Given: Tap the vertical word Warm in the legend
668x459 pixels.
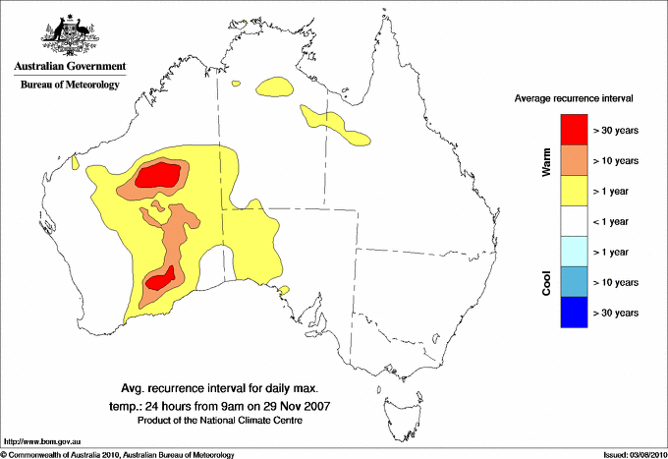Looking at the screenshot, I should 547,161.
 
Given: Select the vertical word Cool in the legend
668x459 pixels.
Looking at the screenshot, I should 547,282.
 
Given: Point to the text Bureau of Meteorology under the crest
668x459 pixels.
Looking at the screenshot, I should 69,86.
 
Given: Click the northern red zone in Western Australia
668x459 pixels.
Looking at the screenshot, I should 158,176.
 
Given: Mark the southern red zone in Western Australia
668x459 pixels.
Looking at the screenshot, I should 160,279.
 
